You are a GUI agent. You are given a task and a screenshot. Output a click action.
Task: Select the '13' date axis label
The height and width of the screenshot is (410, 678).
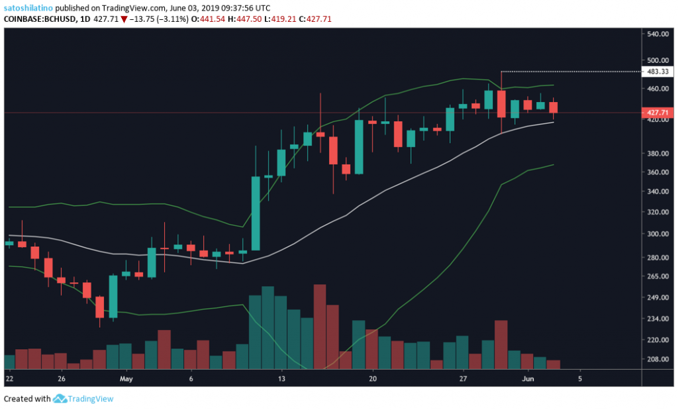(x=281, y=380)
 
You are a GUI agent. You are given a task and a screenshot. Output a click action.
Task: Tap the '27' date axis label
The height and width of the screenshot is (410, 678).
(x=463, y=380)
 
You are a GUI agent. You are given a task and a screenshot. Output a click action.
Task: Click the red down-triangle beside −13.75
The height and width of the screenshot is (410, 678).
(x=124, y=19)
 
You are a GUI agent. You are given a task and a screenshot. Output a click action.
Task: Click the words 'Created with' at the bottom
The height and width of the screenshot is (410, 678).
(x=26, y=399)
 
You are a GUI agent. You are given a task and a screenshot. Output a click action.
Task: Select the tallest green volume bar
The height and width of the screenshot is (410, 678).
(x=268, y=327)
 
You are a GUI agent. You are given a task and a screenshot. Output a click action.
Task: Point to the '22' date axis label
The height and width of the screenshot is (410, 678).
(x=9, y=380)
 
